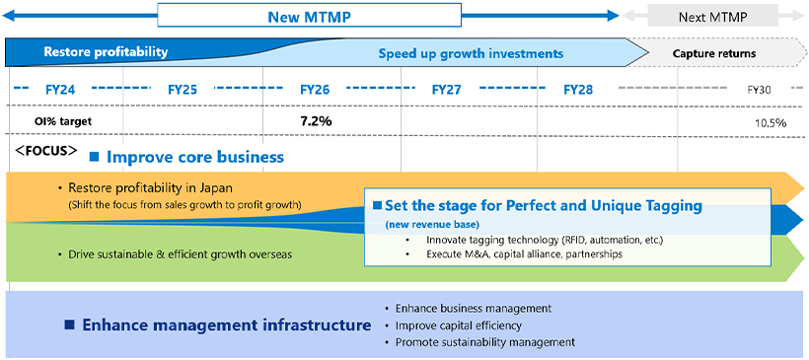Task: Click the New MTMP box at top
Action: (309, 17)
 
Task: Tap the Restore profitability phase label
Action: (106, 52)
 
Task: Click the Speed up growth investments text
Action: (471, 53)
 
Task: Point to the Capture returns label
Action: (714, 53)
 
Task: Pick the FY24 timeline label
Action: (60, 90)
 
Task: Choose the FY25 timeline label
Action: (183, 90)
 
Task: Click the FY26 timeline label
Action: (314, 90)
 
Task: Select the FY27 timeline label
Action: (446, 90)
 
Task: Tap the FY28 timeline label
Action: (578, 90)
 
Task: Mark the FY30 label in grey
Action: (759, 90)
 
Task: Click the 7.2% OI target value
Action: (316, 120)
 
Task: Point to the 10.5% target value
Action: (770, 122)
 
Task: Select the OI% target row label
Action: (63, 121)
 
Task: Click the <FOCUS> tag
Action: (45, 152)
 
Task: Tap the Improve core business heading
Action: (194, 157)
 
